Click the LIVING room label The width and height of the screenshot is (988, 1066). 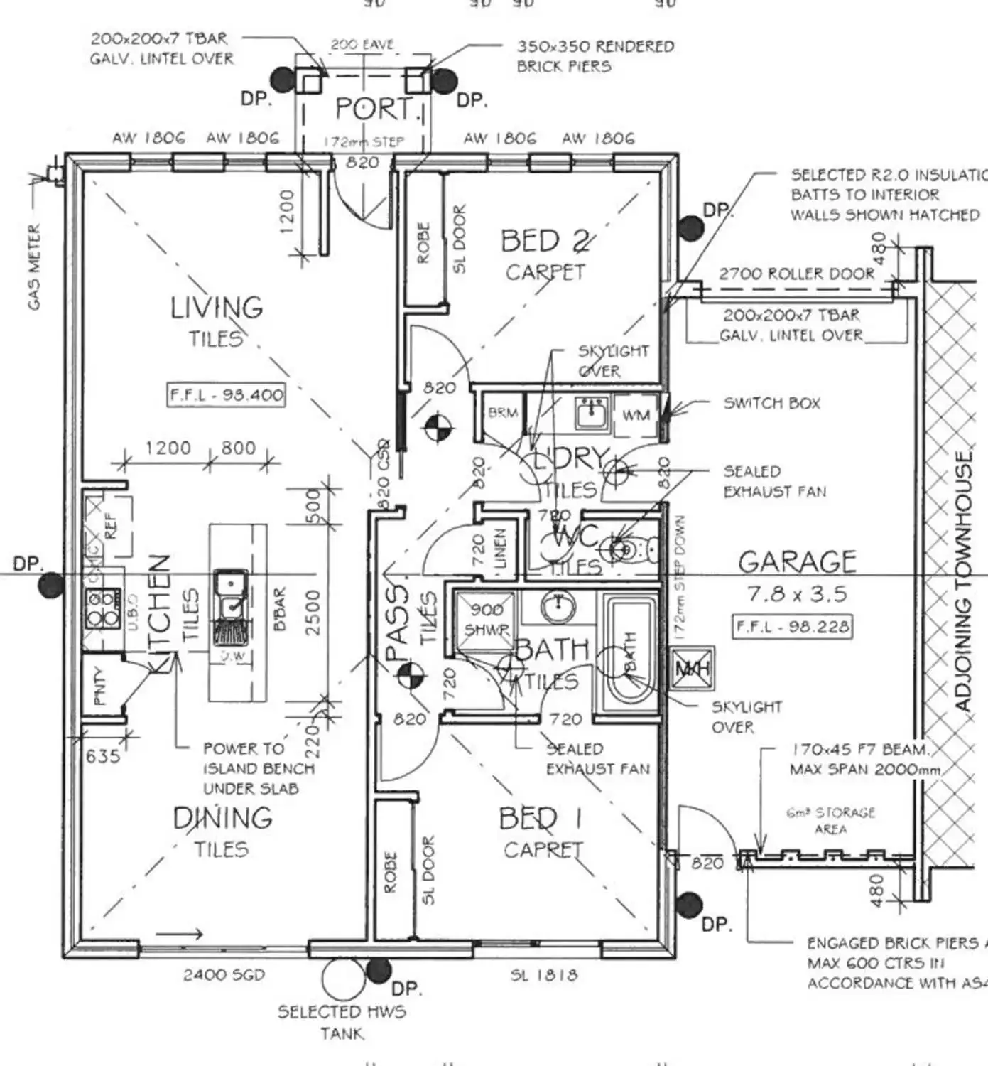tap(217, 308)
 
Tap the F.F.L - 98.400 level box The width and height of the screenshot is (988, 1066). tap(227, 394)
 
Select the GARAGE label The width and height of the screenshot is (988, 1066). tap(797, 562)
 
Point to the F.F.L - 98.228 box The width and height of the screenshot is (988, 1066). tap(793, 627)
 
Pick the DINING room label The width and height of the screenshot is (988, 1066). tap(222, 818)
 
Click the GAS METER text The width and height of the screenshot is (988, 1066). tap(34, 267)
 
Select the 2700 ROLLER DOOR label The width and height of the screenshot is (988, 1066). tap(796, 274)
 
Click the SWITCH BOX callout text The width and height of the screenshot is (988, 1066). tap(771, 404)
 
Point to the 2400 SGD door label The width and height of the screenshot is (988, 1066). tap(224, 975)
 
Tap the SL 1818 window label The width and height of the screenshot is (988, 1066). tap(544, 975)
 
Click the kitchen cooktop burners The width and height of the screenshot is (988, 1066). tap(102, 608)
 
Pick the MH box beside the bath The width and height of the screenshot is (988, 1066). tap(693, 669)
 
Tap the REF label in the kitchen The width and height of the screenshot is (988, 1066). tap(111, 526)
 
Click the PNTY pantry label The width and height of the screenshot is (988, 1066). tap(101, 686)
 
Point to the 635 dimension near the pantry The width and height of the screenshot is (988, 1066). tap(103, 755)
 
